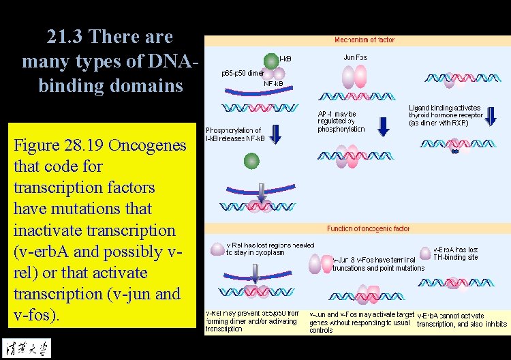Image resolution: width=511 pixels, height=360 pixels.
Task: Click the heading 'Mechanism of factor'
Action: click(365, 40)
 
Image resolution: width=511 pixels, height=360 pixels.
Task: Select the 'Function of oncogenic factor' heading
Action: click(369, 229)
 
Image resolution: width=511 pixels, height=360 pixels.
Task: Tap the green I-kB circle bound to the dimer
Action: click(271, 61)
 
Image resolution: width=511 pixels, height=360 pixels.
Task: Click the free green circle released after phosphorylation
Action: click(252, 161)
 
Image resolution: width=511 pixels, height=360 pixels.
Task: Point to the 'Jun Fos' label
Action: click(355, 58)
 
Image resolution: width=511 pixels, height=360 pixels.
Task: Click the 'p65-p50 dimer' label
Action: click(243, 73)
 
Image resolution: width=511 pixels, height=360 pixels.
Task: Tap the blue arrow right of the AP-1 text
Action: click(384, 125)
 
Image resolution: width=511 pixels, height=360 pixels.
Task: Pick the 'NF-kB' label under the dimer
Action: click(273, 84)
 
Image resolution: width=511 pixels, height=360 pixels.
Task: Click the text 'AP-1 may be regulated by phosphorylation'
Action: click(341, 121)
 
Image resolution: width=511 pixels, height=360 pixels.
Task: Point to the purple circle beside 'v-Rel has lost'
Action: click(217, 248)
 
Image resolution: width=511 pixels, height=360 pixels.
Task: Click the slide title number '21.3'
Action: click(69, 36)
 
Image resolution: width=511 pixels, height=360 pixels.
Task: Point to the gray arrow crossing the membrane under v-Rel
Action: click(254, 273)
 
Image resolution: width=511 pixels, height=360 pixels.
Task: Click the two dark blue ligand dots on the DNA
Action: click(454, 151)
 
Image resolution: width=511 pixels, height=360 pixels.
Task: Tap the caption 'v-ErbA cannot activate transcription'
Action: click(461, 320)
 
